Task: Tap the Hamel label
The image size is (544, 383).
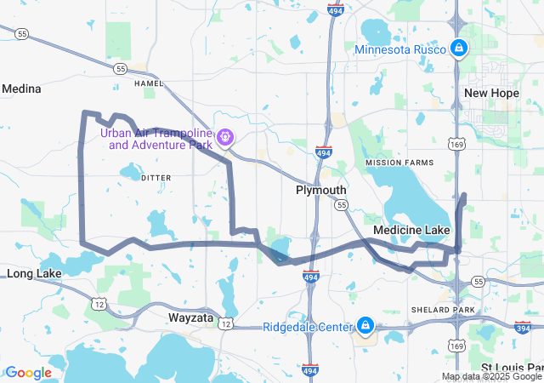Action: tap(148, 83)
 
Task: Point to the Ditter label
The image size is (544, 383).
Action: tap(156, 177)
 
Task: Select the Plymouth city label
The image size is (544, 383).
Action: tap(320, 190)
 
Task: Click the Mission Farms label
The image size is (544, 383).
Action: tap(398, 163)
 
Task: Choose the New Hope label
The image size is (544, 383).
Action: tap(490, 93)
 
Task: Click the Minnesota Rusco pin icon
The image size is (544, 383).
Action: tap(459, 48)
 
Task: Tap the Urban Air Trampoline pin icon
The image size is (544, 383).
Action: tap(224, 136)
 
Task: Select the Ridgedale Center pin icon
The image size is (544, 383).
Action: tap(365, 325)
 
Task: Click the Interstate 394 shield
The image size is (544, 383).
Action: tap(522, 328)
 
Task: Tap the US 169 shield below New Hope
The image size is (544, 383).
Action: tap(457, 146)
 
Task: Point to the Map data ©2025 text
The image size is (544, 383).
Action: tap(491, 376)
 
